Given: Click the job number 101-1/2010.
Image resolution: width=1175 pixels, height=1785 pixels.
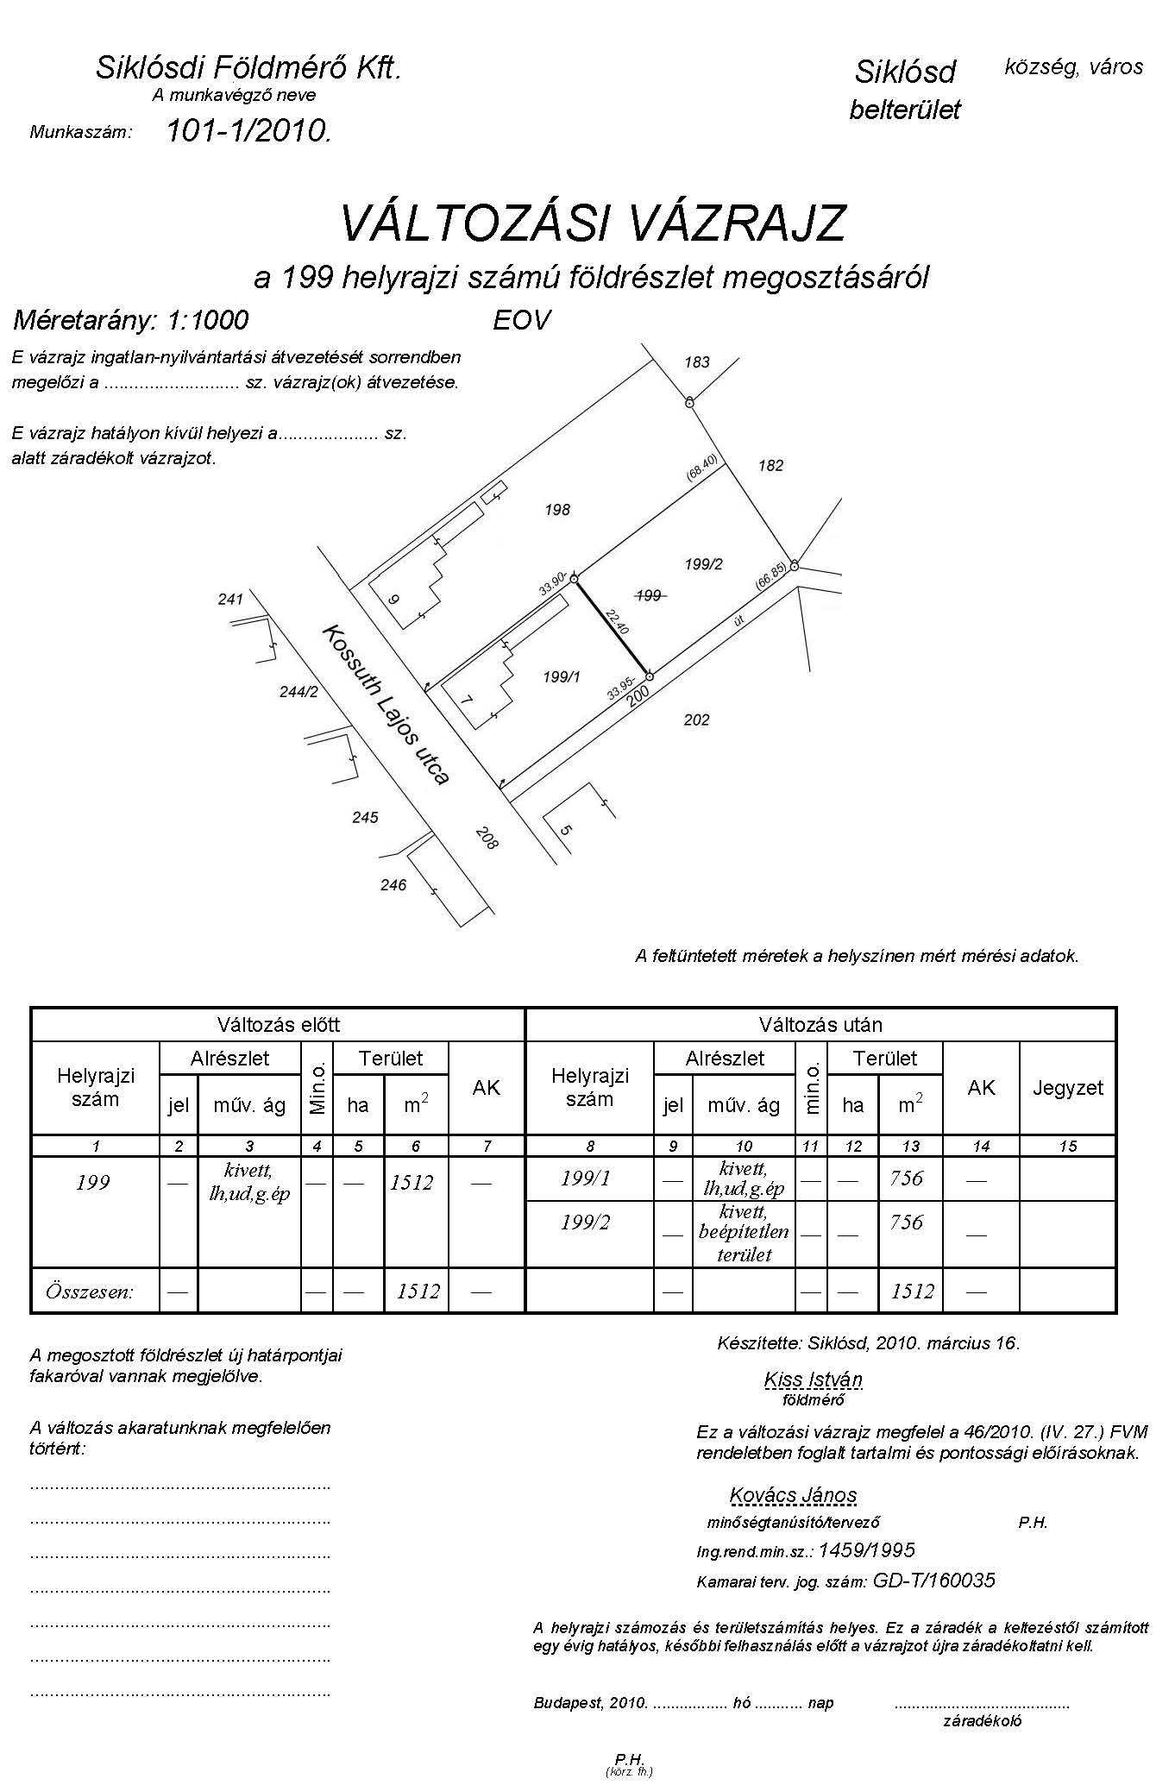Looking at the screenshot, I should (x=248, y=131).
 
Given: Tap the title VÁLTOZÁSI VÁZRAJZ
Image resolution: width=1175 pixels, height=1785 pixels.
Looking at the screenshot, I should (x=593, y=224).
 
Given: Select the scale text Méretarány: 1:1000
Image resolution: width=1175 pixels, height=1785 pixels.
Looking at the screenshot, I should (x=131, y=321).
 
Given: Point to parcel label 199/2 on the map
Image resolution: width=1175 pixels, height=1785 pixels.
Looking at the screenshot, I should (x=703, y=564).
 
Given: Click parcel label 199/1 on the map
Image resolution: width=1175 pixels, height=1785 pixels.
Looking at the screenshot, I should (x=561, y=677).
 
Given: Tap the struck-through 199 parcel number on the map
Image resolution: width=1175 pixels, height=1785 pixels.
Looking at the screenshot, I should (x=649, y=595).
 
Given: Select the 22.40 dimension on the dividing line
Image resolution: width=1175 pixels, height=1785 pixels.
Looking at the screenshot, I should (x=617, y=621).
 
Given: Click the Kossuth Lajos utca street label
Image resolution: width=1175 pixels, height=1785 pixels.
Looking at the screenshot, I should (x=385, y=705).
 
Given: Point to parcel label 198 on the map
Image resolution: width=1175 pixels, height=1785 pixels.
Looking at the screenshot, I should (x=557, y=510).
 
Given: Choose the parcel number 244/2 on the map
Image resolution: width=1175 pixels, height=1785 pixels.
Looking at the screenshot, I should (x=298, y=692).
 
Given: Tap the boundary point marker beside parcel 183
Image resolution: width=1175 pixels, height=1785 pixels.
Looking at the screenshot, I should (x=689, y=402).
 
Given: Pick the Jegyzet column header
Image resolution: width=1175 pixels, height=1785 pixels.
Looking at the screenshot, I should (x=1067, y=1088).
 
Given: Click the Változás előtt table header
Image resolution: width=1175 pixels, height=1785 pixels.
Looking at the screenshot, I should (x=278, y=1025).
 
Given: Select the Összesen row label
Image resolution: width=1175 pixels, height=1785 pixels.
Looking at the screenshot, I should (x=90, y=1292).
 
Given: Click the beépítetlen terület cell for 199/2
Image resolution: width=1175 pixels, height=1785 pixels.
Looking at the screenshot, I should (x=744, y=1233).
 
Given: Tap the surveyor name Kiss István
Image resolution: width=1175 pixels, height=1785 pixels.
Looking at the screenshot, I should (x=813, y=1380).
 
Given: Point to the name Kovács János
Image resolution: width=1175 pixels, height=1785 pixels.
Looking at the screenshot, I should (x=793, y=1495).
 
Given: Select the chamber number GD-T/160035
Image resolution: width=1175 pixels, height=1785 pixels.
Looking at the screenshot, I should (x=933, y=1581).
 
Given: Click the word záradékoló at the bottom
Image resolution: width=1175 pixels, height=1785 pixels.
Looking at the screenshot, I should (x=983, y=1720).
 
